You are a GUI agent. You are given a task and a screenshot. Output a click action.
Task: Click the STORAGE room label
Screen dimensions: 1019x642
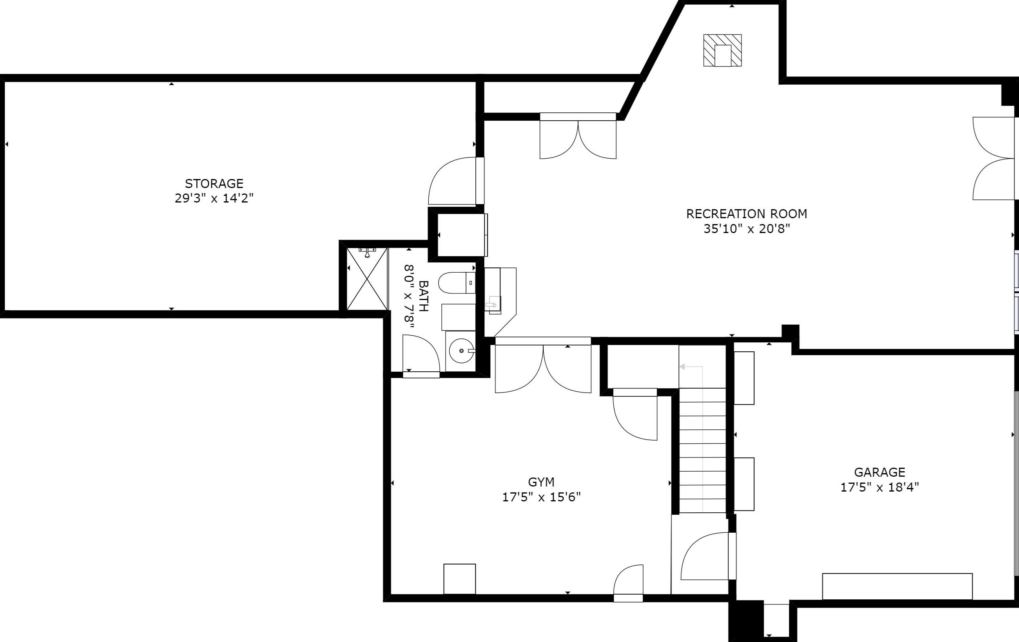(x=214, y=184)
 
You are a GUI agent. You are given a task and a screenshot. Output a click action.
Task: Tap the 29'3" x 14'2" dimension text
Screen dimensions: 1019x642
(x=214, y=198)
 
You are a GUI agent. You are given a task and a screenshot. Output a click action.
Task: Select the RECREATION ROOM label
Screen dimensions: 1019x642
(x=747, y=214)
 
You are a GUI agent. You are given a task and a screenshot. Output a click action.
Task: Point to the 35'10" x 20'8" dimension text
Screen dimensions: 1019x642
(x=747, y=229)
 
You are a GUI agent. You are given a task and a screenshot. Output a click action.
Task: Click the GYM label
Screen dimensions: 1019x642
(x=541, y=482)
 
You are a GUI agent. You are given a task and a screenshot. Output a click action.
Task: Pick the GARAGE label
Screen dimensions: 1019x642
(x=879, y=472)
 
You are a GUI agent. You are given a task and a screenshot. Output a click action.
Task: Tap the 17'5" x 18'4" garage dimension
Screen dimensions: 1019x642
(x=879, y=487)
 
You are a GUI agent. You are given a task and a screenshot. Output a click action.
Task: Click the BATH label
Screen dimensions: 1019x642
(x=423, y=296)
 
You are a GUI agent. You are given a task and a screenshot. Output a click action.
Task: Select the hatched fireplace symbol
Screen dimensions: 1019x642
(x=722, y=50)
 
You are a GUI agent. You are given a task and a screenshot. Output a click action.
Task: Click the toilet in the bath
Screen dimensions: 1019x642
(x=457, y=283)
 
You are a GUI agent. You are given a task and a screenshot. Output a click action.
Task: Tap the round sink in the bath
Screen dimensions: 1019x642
(x=461, y=351)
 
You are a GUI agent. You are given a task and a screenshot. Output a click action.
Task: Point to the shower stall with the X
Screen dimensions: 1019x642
(x=367, y=279)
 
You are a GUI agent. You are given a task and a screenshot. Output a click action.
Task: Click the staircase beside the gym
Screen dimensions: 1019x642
(x=702, y=450)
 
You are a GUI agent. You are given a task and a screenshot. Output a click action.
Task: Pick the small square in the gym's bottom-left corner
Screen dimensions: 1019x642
(x=460, y=579)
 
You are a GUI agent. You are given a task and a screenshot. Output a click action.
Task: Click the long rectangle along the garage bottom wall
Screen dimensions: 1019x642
(x=897, y=586)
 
